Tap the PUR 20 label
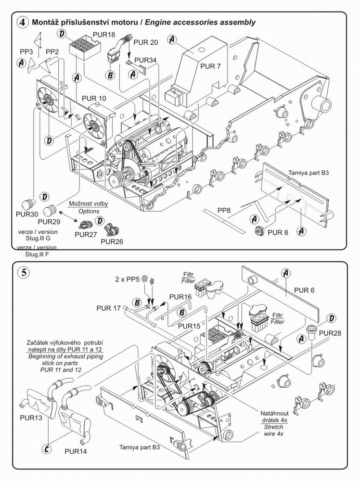(147, 42)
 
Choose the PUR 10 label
(93, 99)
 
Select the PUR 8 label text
(279, 233)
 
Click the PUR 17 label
(108, 308)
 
